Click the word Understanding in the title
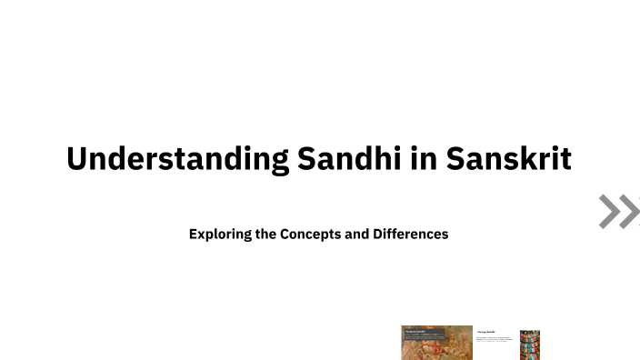[x=176, y=158]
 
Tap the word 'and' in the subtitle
[x=356, y=234]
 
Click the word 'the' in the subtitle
[x=267, y=234]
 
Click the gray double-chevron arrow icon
[x=618, y=211]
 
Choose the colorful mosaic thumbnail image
[x=530, y=345]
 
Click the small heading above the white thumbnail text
[x=485, y=333]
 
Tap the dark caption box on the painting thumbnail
[x=424, y=334]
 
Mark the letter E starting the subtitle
[x=194, y=234]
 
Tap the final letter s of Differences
[x=445, y=234]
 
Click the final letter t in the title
[x=565, y=158]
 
